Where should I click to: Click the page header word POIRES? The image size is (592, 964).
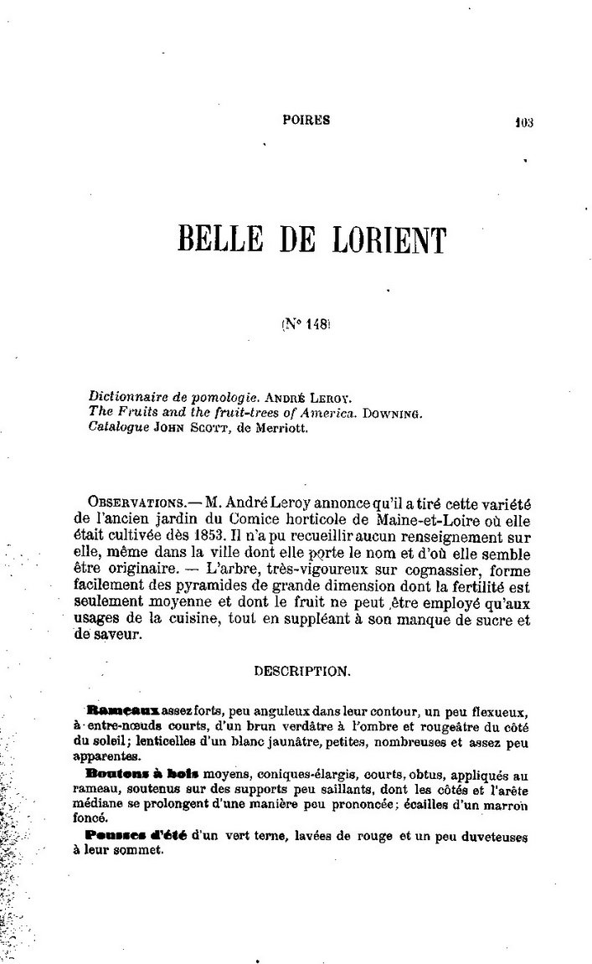307,120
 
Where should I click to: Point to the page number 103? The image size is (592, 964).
525,121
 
